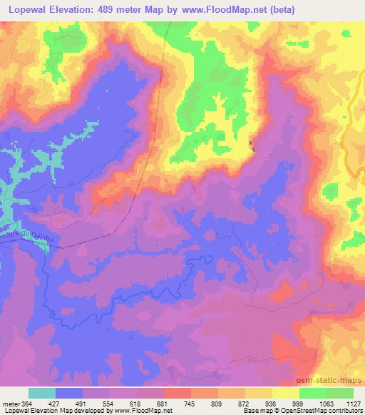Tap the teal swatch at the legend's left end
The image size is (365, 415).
42,392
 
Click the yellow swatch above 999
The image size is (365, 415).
286,392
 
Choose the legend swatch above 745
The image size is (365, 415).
178,392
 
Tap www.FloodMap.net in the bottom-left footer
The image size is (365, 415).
143,411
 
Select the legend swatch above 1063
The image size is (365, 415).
313,392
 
